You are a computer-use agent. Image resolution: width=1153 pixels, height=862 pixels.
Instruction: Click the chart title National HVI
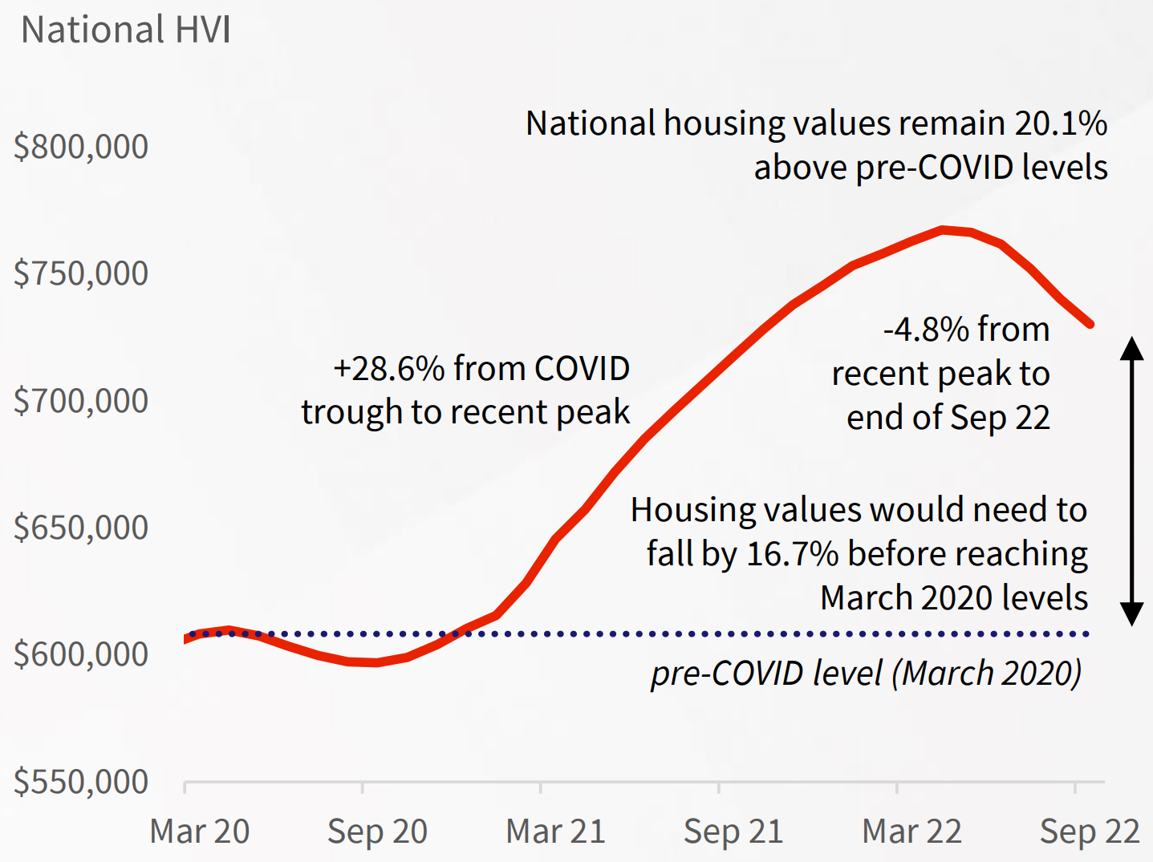tap(126, 30)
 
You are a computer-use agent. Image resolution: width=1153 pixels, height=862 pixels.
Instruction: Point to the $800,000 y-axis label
tap(81, 147)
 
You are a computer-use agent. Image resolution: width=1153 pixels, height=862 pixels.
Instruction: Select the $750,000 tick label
tap(81, 273)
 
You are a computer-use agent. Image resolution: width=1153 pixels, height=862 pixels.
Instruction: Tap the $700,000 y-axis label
tap(81, 400)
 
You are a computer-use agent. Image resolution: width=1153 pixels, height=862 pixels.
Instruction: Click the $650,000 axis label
tap(81, 528)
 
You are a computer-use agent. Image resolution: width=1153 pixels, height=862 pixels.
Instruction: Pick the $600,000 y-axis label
tap(81, 654)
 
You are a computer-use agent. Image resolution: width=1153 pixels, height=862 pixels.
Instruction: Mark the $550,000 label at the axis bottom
tap(81, 781)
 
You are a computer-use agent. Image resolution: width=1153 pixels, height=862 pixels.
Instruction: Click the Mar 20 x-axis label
tap(200, 832)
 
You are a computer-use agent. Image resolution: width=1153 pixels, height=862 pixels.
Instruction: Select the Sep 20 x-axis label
tap(378, 832)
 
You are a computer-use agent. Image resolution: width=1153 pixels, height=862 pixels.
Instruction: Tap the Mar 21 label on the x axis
tap(556, 832)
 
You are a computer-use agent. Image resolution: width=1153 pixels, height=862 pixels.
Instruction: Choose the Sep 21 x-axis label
tap(733, 832)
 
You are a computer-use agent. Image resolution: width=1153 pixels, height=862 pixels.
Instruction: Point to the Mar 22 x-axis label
tap(912, 832)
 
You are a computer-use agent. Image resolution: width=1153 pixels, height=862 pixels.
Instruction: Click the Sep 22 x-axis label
tap(1090, 832)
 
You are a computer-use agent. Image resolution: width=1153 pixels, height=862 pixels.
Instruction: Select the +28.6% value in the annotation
tap(388, 369)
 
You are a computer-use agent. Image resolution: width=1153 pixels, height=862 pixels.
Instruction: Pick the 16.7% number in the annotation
tap(792, 554)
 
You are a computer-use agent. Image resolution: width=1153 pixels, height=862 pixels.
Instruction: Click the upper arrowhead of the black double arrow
tap(1131, 348)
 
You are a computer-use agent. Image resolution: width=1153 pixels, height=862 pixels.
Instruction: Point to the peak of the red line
tap(944, 229)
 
